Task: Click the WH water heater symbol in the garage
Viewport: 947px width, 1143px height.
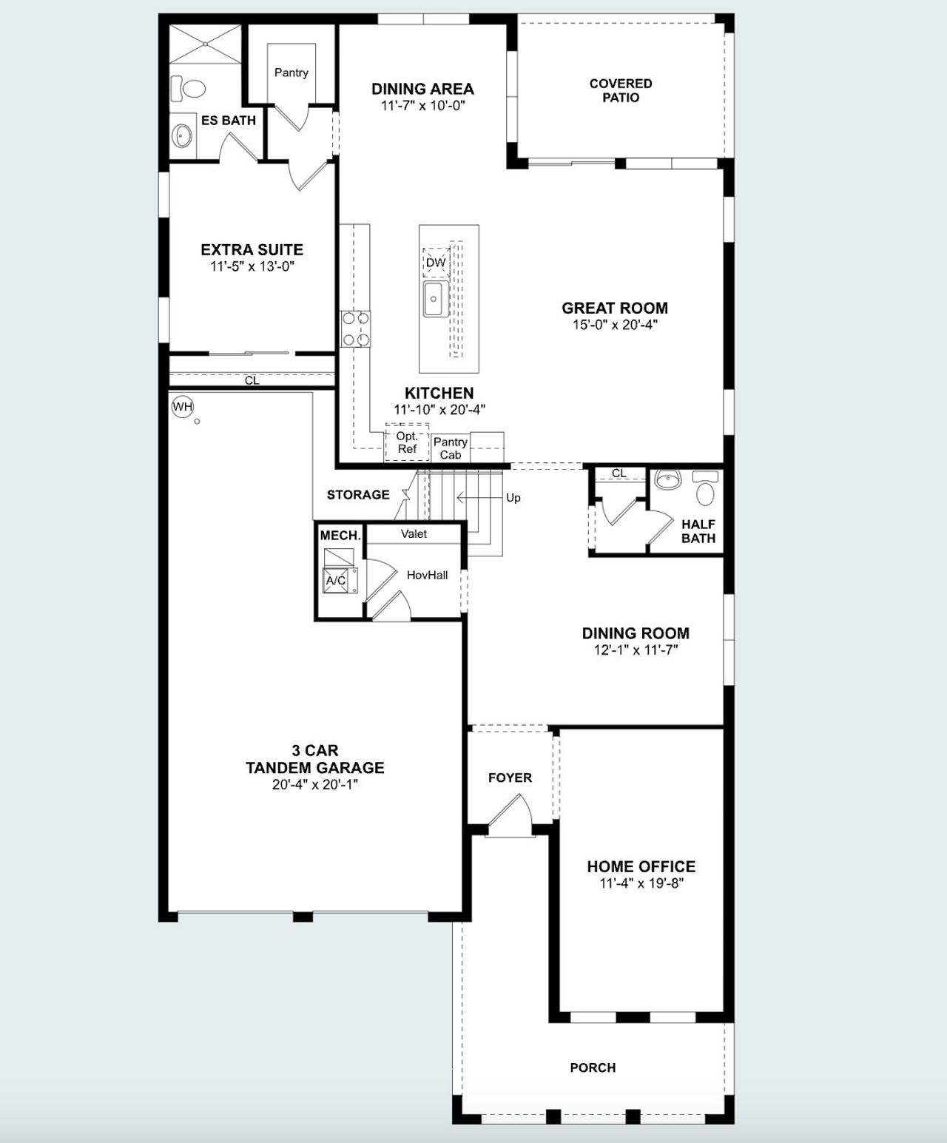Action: tap(182, 407)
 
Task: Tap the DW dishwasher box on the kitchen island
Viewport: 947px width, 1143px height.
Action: tap(436, 263)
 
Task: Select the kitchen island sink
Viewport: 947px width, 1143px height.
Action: tap(434, 299)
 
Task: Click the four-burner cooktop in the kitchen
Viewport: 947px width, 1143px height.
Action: tap(355, 329)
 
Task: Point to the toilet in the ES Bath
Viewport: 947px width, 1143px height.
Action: tap(189, 89)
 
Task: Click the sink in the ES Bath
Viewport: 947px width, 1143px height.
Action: tap(183, 136)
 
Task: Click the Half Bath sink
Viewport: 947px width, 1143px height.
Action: tap(668, 480)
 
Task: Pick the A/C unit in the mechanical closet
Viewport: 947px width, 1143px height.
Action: tap(337, 580)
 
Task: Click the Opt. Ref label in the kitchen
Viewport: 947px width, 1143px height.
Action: tap(407, 442)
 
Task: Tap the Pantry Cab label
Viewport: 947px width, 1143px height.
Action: tap(450, 448)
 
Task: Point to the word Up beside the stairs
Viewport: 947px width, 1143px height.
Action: tap(513, 498)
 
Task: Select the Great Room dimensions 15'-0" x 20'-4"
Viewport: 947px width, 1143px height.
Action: tap(614, 325)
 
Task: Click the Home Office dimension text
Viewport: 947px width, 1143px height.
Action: tap(641, 883)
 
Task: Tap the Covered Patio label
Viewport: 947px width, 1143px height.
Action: tap(620, 90)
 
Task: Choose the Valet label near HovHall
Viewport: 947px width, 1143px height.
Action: tap(414, 533)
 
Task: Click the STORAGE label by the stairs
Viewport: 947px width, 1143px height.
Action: tap(358, 494)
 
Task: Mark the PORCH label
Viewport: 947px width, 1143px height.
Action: tap(593, 1068)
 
